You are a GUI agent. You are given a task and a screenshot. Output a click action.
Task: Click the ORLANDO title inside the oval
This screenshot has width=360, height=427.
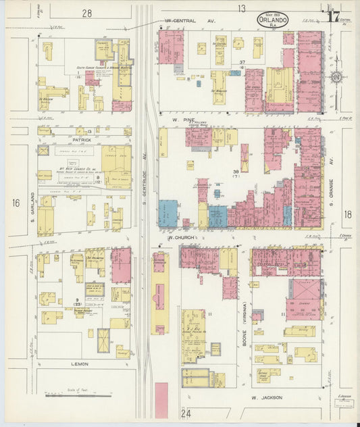pyautogui.click(x=274, y=20)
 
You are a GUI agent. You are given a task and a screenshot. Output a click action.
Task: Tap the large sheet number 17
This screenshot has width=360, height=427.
pyautogui.click(x=332, y=17)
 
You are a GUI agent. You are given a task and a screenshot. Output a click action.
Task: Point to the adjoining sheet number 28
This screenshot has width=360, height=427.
pyautogui.click(x=87, y=13)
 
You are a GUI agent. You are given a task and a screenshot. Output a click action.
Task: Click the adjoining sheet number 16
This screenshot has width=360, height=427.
pyautogui.click(x=16, y=202)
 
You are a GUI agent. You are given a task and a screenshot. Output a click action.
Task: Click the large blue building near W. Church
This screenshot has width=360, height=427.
pyautogui.click(x=168, y=212)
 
